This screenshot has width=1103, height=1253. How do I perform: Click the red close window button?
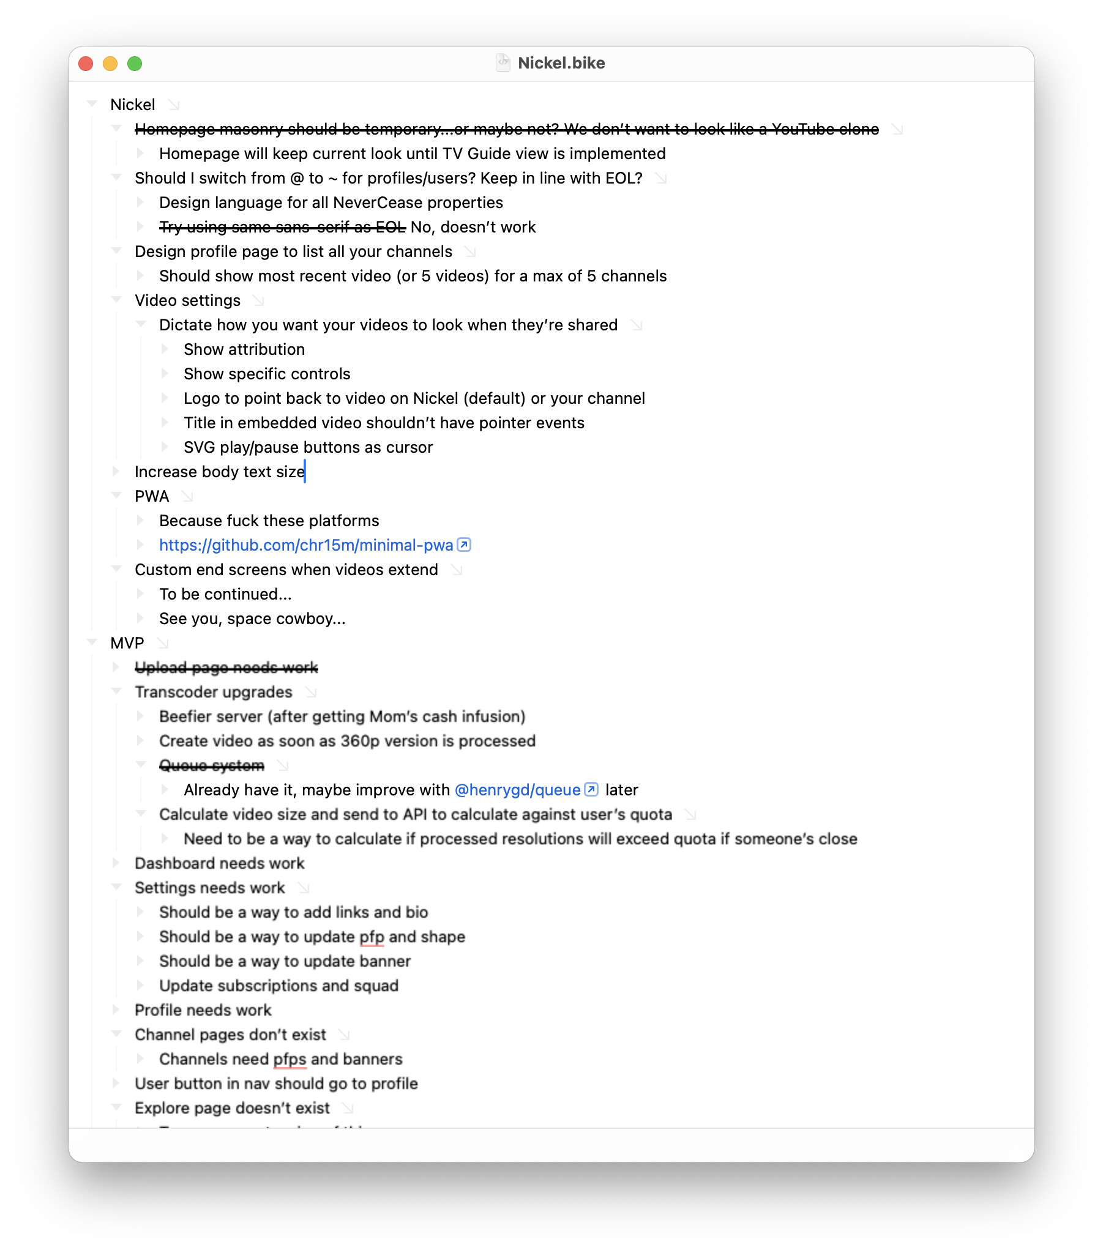86,64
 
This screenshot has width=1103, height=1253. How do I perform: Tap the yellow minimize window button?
110,64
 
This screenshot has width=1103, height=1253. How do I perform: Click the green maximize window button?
135,64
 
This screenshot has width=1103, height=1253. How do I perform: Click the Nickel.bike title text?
561,63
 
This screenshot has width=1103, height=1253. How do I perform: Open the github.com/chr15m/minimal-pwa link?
305,545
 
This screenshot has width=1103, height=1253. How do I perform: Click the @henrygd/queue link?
517,790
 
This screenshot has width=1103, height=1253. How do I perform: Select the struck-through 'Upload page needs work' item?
226,667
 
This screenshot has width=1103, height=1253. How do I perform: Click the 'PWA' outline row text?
152,496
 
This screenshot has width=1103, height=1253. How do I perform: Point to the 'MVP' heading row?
127,642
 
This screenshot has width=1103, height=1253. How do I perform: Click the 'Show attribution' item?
244,349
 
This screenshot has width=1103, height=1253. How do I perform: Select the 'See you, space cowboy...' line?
252,619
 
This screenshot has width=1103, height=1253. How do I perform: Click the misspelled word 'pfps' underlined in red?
289,1058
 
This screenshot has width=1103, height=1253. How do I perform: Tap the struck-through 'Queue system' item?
211,765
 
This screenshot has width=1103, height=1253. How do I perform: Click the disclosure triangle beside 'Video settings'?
116,300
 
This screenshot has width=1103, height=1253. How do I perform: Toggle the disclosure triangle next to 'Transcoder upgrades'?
116,691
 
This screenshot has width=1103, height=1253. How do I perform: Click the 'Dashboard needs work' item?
219,863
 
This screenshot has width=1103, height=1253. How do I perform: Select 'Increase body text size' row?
219,472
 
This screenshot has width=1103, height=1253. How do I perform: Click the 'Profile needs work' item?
203,1009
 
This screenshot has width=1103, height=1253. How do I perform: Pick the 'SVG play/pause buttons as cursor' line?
307,447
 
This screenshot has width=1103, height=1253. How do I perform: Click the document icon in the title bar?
503,62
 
